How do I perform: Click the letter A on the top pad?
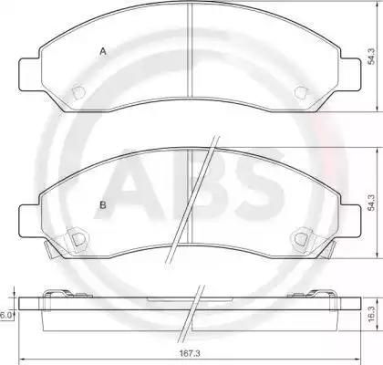[103, 52]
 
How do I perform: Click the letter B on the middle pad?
[103, 205]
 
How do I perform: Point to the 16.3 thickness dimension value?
[371, 315]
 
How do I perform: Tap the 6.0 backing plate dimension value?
[5, 316]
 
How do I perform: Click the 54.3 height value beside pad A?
[371, 56]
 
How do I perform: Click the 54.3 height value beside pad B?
[371, 203]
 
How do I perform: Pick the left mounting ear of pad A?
[29, 74]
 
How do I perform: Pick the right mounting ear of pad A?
[351, 74]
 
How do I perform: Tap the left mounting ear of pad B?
[29, 221]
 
